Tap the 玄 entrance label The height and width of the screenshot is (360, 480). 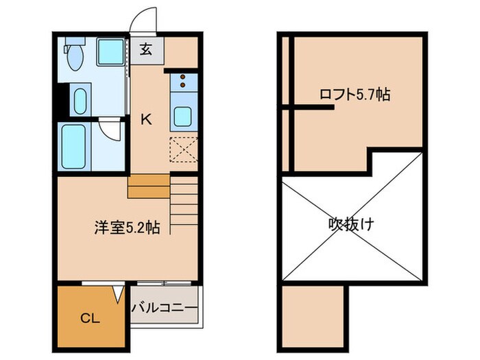[x=147, y=49]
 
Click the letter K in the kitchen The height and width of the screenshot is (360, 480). [x=146, y=119]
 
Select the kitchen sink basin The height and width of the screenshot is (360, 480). [x=182, y=116]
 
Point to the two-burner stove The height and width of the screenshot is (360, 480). [x=183, y=82]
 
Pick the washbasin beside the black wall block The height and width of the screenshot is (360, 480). [x=80, y=101]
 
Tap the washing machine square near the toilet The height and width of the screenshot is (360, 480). [x=108, y=52]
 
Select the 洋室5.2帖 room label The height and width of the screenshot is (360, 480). [x=127, y=228]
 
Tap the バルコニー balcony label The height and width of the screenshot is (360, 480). [x=165, y=307]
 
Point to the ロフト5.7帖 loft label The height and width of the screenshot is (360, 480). [x=355, y=95]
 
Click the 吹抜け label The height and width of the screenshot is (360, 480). [x=351, y=224]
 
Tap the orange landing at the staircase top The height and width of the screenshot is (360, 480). [x=148, y=186]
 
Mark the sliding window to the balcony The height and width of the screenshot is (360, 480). [x=165, y=282]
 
